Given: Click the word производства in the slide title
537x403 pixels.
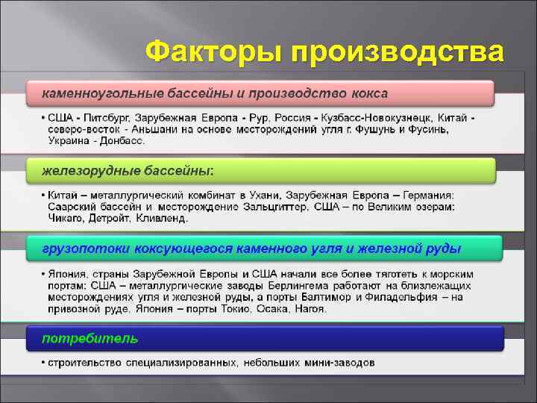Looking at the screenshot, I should click(x=398, y=52).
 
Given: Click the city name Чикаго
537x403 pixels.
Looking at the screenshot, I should click(x=67, y=218).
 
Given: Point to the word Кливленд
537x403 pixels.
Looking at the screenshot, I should click(x=163, y=218).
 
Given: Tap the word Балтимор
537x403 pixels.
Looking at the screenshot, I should click(x=336, y=296).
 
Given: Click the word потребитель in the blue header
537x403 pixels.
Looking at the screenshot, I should click(x=89, y=338).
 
